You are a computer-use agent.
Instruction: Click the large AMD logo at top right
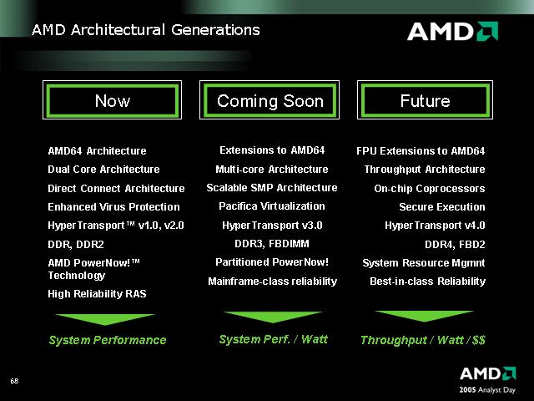[452, 32]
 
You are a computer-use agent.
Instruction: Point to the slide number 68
[14, 381]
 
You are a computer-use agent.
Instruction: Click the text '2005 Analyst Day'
[487, 390]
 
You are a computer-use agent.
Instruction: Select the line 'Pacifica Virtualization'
[272, 206]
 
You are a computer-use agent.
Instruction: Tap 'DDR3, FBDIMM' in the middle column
[272, 244]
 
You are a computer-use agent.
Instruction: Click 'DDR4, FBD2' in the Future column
[455, 245]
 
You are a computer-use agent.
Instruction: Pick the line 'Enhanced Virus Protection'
[113, 207]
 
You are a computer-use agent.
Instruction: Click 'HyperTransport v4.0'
[435, 226]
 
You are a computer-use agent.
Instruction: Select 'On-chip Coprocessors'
[430, 189]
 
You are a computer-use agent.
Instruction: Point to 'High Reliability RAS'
[97, 294]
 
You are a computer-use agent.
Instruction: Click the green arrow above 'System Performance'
[105, 319]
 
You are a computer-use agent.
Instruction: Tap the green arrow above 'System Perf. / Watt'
[273, 317]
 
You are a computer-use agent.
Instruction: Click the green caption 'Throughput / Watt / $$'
[423, 340]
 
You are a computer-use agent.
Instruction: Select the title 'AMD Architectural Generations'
[146, 30]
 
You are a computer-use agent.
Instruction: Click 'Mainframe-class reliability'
[273, 282]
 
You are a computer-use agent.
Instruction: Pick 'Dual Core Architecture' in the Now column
[103, 170]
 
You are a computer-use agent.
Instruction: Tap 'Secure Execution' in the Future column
[442, 207]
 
